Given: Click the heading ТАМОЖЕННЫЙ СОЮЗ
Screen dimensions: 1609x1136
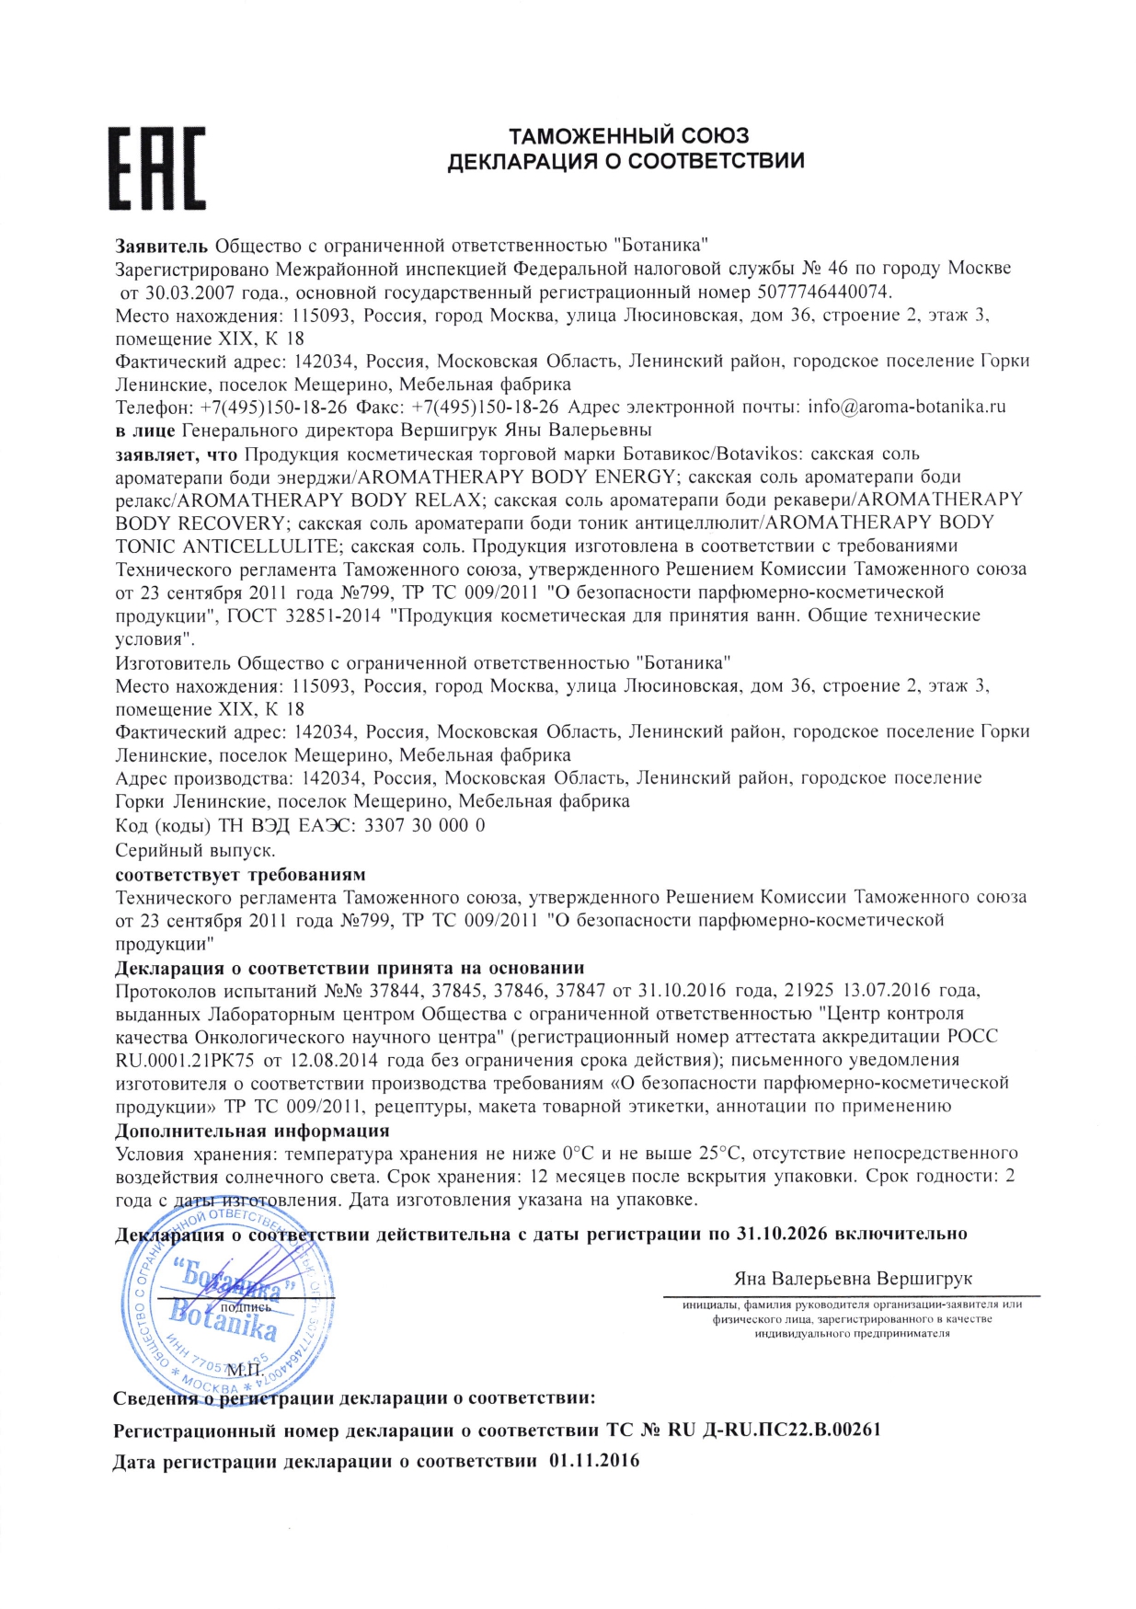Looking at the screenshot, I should click(628, 137).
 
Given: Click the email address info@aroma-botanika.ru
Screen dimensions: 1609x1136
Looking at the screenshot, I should click(906, 407).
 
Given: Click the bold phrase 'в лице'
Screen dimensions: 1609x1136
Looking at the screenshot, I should click(145, 430).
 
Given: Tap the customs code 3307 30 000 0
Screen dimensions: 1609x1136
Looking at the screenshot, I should click(424, 825).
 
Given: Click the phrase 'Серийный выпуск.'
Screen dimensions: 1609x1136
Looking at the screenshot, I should click(195, 849).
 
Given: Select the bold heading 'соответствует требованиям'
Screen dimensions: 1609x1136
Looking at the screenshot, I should click(240, 873).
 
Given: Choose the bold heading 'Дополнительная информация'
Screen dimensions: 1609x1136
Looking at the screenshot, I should click(252, 1131).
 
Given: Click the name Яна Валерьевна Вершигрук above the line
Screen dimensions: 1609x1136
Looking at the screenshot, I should click(852, 1279).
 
